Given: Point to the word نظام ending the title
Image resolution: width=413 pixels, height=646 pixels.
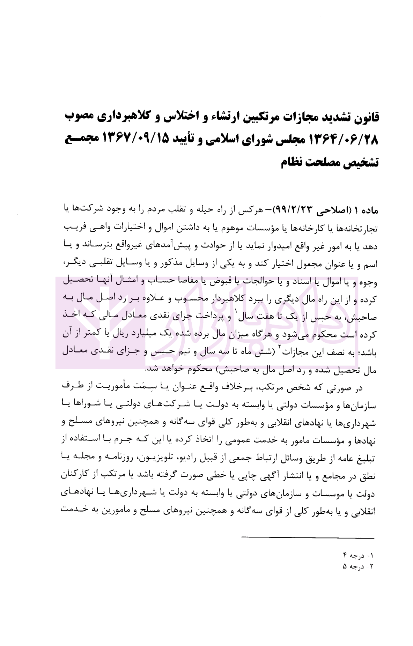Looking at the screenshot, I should point(297,163).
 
